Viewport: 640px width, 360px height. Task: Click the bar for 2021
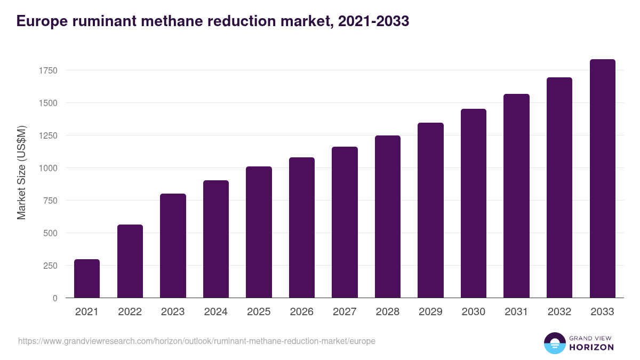point(87,278)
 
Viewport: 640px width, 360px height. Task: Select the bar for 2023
point(173,246)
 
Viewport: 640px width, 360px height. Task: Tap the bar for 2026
point(302,228)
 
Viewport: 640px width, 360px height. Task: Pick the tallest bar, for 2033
point(603,179)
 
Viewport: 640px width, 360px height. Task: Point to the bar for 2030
point(474,203)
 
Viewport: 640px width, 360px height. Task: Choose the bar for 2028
point(388,217)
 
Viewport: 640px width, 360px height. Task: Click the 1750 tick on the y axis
point(47,70)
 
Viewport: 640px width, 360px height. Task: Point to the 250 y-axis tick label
point(50,266)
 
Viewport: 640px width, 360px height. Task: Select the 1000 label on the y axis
point(47,168)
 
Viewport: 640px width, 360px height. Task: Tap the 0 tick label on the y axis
point(55,298)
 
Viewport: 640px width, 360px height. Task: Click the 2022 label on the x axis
point(130,312)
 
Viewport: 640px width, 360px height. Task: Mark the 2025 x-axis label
point(259,312)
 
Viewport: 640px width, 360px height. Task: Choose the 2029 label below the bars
point(430,312)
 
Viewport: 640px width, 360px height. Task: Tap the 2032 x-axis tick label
point(559,312)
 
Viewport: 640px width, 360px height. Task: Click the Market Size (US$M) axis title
point(21,172)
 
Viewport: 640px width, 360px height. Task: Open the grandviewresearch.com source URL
point(196,341)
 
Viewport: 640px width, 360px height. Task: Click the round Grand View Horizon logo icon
point(554,343)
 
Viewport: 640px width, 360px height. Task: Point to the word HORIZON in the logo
point(591,347)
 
